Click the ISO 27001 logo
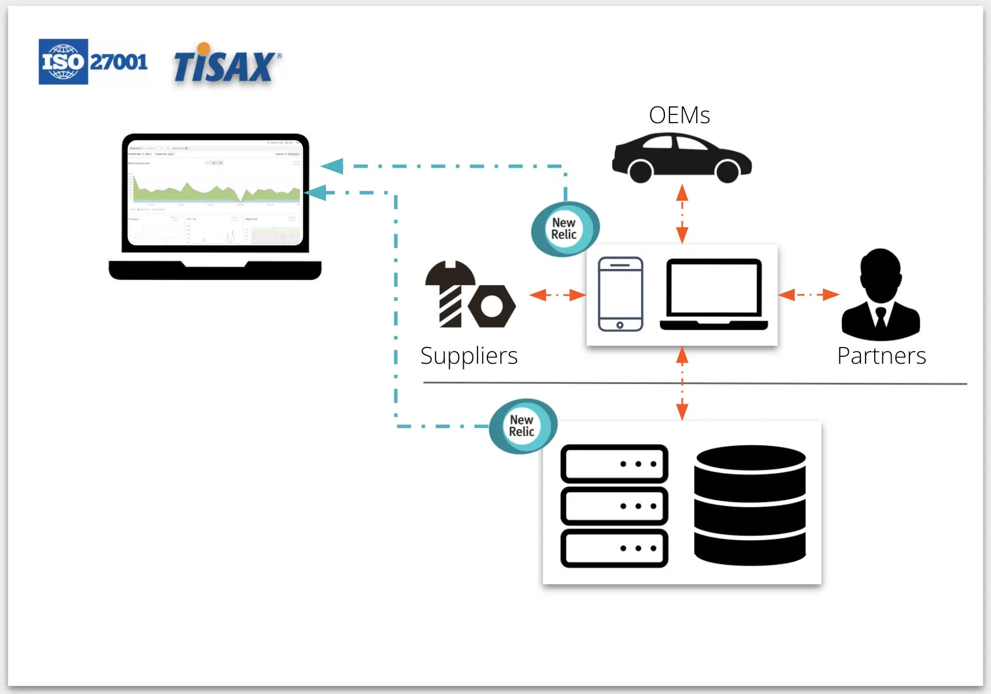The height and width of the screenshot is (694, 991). (93, 62)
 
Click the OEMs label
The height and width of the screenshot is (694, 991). (679, 115)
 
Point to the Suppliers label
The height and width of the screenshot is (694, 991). (469, 356)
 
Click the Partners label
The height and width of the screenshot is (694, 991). (882, 356)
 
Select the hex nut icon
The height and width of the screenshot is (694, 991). (492, 305)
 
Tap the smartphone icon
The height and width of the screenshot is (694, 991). (620, 294)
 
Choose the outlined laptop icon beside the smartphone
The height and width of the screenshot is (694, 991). (714, 294)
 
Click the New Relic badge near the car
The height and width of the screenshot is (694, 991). (564, 229)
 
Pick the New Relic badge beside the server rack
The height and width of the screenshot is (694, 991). (522, 426)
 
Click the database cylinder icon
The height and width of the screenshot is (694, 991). (750, 505)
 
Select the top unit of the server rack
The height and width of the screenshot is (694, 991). (614, 464)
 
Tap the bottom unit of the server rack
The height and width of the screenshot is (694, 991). (614, 548)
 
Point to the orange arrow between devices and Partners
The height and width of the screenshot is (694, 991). (808, 294)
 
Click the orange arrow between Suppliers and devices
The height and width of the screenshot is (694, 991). (557, 294)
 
